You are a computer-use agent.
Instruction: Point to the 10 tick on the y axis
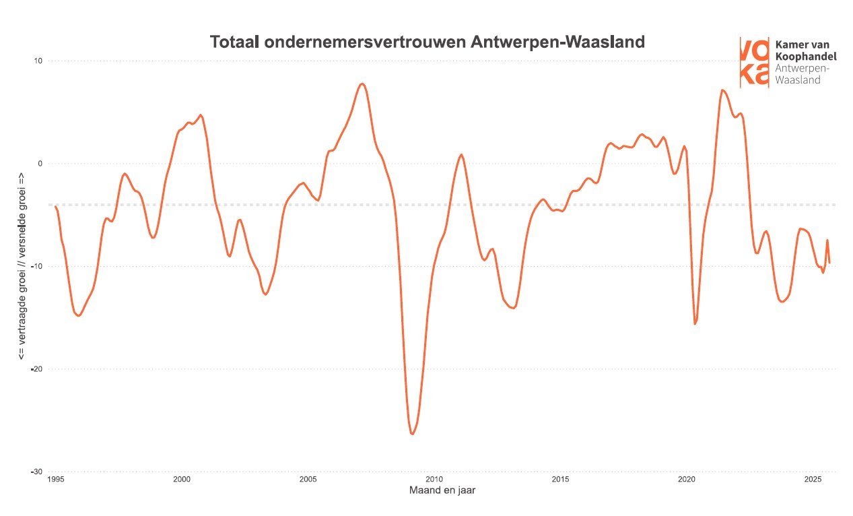point(38,61)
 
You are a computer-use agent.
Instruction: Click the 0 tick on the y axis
point(40,164)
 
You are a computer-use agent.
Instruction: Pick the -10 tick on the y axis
point(37,266)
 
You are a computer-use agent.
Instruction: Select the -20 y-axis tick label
point(37,369)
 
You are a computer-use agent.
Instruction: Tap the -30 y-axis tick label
point(37,472)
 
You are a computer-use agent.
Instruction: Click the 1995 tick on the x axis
point(56,480)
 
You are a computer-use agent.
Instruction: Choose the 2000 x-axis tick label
point(181,480)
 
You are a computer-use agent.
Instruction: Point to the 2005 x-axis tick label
point(308,480)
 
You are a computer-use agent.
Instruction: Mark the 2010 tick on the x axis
point(434,480)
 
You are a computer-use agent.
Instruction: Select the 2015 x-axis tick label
point(560,480)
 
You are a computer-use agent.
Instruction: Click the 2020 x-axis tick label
point(687,480)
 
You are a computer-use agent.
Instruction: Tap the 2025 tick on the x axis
point(813,480)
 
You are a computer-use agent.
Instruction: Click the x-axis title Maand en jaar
point(442,491)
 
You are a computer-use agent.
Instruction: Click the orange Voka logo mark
point(754,62)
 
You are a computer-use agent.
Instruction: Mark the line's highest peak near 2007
point(362,84)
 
